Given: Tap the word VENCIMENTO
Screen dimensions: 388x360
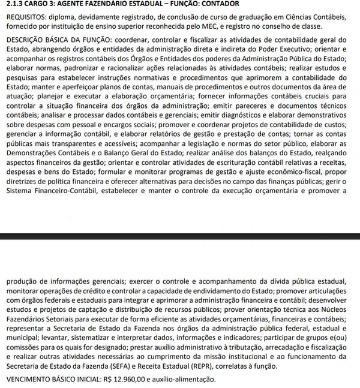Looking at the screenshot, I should coord(30,380).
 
